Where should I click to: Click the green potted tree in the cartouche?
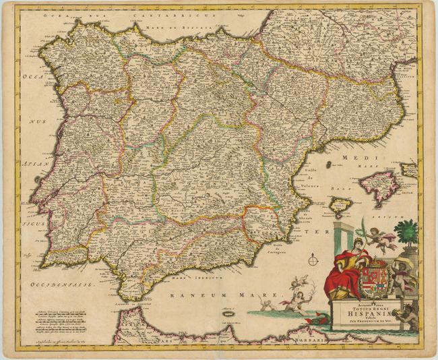[x=406, y=233]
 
